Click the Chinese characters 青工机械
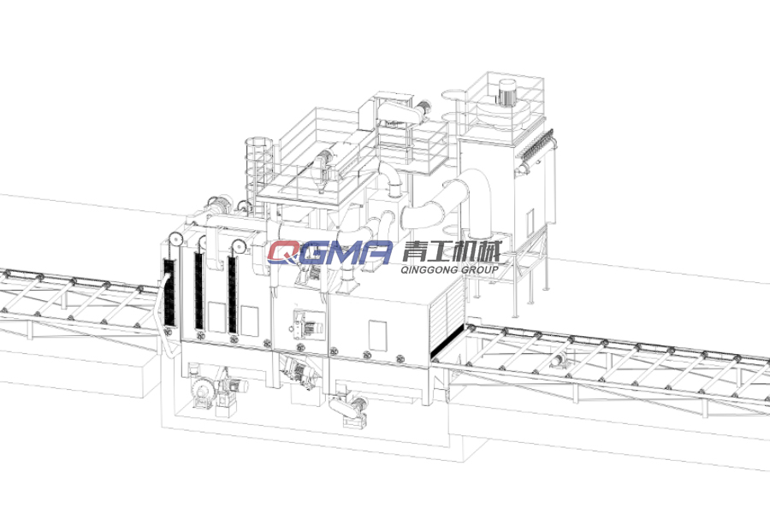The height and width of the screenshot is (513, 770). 452,251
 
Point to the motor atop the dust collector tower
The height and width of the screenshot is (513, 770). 506,91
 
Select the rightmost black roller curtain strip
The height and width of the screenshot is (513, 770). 232,293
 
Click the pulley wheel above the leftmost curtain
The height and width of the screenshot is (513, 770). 175,240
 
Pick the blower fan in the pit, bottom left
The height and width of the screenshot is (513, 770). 202,389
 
